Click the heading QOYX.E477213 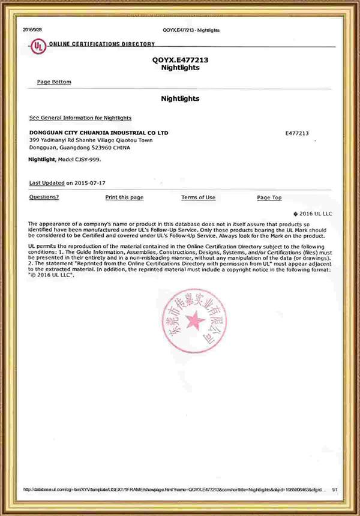[180, 61]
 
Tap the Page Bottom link [54, 82]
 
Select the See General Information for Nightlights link [80, 118]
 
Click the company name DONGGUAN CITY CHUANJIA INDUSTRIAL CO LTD [99, 132]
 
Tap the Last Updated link [47, 182]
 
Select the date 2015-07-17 [95, 182]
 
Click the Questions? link [44, 197]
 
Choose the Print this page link [124, 197]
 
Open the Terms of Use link [198, 197]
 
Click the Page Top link [269, 197]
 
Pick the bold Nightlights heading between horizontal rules [180, 98]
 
